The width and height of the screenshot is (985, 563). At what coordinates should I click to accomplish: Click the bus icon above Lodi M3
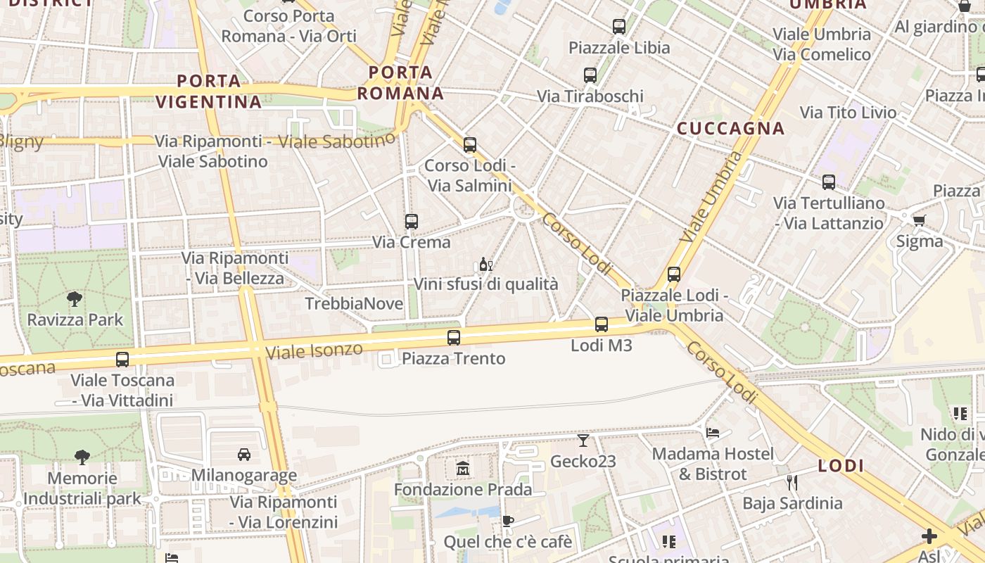pyautogui.click(x=602, y=324)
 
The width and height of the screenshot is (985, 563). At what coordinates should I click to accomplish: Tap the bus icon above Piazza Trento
pyautogui.click(x=454, y=337)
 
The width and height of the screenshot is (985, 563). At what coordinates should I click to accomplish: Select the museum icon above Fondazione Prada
pyautogui.click(x=462, y=468)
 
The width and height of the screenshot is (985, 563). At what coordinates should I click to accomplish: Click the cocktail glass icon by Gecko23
pyautogui.click(x=583, y=441)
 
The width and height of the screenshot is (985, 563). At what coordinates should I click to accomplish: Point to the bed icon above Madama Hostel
pyautogui.click(x=713, y=432)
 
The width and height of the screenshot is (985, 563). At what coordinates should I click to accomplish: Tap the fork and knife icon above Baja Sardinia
pyautogui.click(x=792, y=482)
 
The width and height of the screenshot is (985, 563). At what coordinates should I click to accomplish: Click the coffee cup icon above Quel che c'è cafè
pyautogui.click(x=508, y=521)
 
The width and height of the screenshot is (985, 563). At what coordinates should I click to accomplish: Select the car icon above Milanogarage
pyautogui.click(x=244, y=454)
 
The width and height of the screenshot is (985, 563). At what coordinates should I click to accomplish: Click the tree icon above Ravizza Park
pyautogui.click(x=75, y=299)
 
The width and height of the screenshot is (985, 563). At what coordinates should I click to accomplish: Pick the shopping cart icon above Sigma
pyautogui.click(x=920, y=220)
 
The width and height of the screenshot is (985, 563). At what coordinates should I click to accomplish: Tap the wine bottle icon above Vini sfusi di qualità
pyautogui.click(x=485, y=265)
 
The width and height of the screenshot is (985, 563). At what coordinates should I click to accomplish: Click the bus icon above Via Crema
pyautogui.click(x=412, y=222)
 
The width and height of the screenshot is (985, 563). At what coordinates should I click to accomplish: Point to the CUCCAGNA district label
pyautogui.click(x=730, y=128)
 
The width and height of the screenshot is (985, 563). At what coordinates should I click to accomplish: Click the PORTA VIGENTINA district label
pyautogui.click(x=208, y=91)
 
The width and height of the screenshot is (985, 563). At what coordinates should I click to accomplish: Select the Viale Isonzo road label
pyautogui.click(x=314, y=350)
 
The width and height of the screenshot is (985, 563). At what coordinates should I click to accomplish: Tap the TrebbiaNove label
pyautogui.click(x=354, y=304)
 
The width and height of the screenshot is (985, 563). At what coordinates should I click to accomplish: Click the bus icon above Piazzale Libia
pyautogui.click(x=619, y=27)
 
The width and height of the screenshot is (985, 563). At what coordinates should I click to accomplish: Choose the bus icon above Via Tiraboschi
pyautogui.click(x=590, y=75)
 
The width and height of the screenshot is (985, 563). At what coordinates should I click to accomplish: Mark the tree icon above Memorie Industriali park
pyautogui.click(x=82, y=457)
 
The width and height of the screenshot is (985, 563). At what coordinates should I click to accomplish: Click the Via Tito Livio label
pyautogui.click(x=848, y=113)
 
